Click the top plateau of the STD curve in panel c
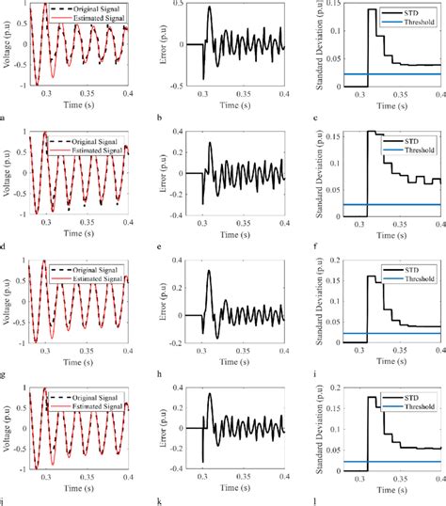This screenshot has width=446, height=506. [x=370, y=10]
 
